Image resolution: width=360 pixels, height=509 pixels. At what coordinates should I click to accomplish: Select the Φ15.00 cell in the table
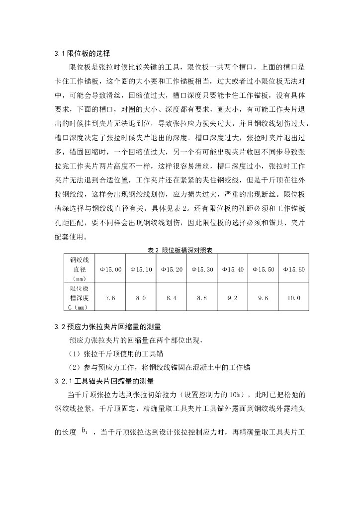[x=110, y=269]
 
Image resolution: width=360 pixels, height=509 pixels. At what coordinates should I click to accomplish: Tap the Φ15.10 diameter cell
[x=141, y=269]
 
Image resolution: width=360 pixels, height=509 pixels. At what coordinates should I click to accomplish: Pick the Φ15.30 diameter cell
[x=202, y=269]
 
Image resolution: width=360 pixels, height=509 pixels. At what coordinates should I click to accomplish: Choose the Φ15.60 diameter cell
[x=293, y=269]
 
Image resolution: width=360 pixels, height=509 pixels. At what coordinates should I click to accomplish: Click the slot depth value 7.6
[x=110, y=298]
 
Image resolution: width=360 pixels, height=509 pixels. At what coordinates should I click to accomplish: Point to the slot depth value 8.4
[x=172, y=298]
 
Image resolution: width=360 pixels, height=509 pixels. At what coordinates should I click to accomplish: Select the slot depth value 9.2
[x=232, y=298]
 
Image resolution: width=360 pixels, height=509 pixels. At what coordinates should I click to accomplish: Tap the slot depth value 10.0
[x=293, y=298]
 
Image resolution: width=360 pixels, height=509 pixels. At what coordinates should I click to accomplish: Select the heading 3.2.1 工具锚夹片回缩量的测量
[x=104, y=381]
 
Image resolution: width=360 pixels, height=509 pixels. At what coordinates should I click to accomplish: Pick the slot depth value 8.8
[x=202, y=298]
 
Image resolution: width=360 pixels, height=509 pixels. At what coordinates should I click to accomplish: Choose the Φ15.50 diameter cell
[x=263, y=269]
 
